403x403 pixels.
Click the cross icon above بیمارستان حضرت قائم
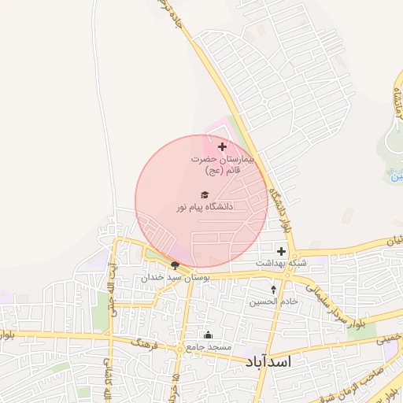click(x=222, y=146)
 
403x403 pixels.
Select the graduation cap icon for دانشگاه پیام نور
click(x=205, y=194)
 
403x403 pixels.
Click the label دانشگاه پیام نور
click(x=205, y=207)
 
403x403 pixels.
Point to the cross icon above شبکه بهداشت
click(x=281, y=250)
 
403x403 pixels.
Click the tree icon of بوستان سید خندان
click(x=175, y=266)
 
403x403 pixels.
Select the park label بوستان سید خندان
click(x=176, y=278)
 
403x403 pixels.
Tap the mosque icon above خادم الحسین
click(x=274, y=289)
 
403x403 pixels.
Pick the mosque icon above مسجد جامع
click(x=208, y=335)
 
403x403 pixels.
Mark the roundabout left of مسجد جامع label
click(x=180, y=347)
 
